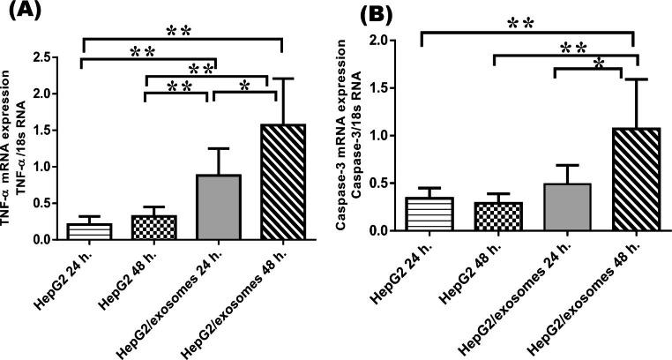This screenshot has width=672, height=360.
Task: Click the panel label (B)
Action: pyautogui.click(x=364, y=15)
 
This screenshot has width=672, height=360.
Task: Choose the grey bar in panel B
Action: pyautogui.click(x=556, y=207)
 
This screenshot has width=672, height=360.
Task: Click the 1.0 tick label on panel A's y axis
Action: pyautogui.click(x=40, y=166)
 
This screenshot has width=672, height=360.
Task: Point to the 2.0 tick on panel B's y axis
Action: pyautogui.click(x=393, y=41)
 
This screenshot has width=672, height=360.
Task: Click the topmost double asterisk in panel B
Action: pyautogui.click(x=527, y=24)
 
